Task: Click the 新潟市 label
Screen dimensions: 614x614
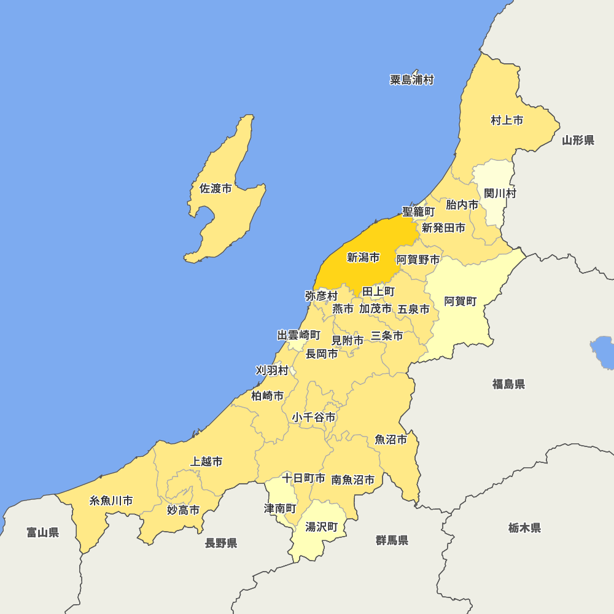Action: coord(363,258)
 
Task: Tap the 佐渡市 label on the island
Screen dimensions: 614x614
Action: coord(216,188)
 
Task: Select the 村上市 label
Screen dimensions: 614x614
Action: coord(507,120)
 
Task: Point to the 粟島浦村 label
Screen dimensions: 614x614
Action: coord(411,80)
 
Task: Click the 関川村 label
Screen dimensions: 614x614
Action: coord(500,193)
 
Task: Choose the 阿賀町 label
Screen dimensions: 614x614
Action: coord(460,301)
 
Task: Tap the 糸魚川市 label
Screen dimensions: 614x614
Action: coord(111,500)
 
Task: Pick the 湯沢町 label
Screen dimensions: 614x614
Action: coord(322,527)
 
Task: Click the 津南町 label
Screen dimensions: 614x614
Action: coord(280,509)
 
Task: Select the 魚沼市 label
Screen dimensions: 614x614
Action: coord(391,440)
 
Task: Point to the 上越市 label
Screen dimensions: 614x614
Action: coord(206,461)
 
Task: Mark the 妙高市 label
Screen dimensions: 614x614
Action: coord(183,510)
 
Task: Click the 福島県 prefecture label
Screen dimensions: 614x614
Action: coord(508,384)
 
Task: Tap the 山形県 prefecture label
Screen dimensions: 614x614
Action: coord(578,141)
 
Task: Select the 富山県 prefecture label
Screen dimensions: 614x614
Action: coord(43,532)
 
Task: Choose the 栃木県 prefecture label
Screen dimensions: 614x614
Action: coord(524,528)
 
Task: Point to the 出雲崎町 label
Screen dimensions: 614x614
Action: coord(299,335)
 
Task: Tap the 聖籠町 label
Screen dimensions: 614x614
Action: coord(419,212)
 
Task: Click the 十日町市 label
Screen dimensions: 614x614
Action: coord(303,478)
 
